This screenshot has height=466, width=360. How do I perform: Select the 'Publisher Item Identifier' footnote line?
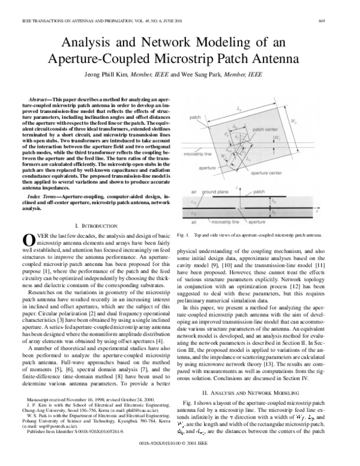point(74,447)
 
